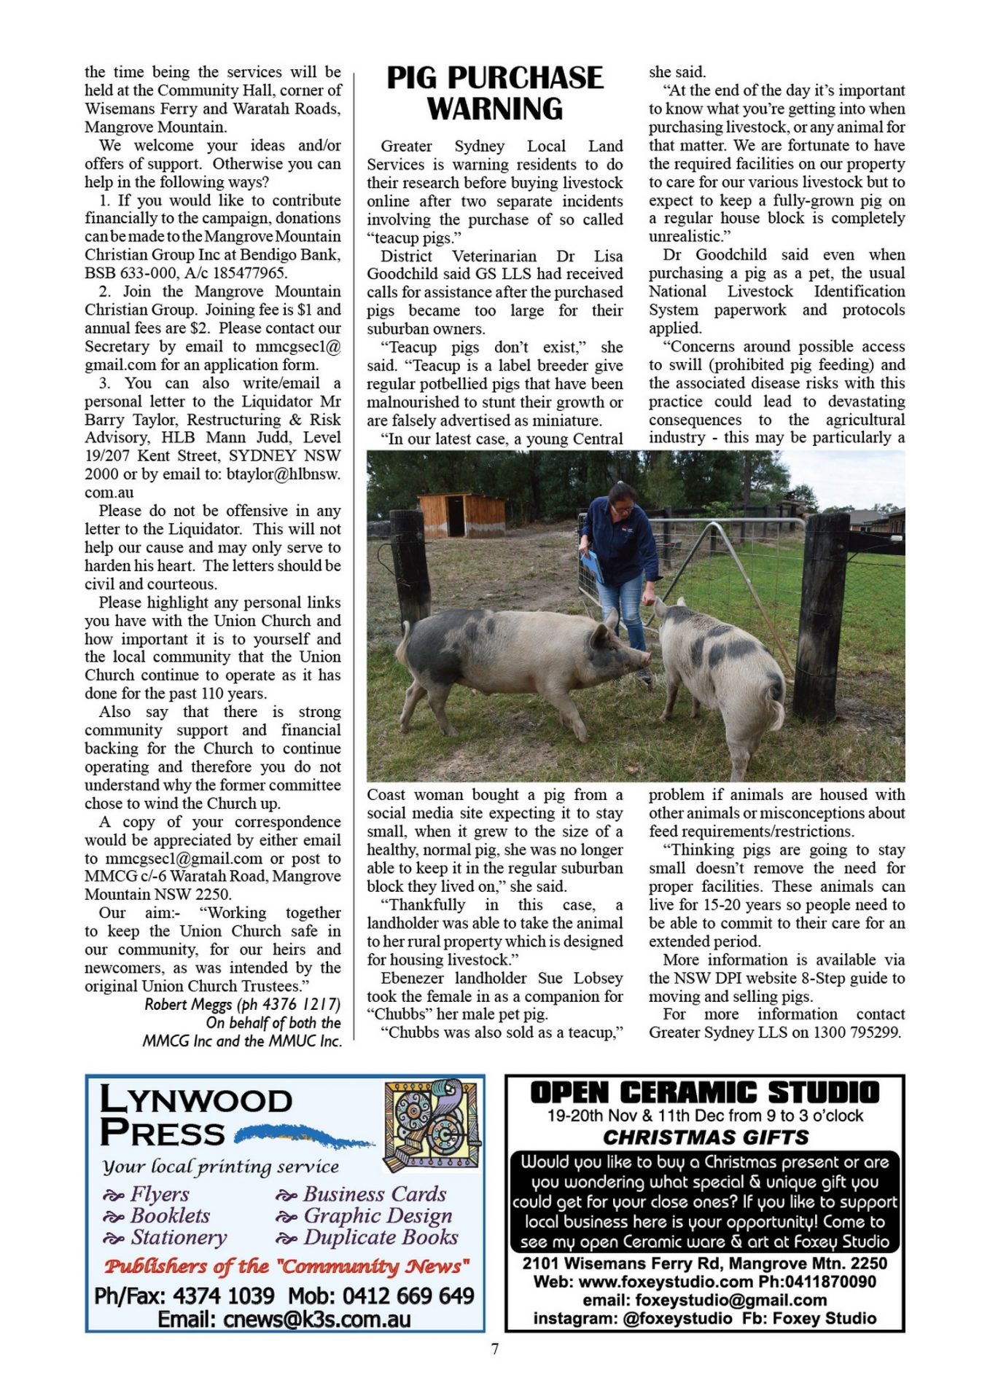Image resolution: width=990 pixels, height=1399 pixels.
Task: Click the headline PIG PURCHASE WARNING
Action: click(494, 93)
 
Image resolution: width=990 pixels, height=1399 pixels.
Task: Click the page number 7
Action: click(495, 1349)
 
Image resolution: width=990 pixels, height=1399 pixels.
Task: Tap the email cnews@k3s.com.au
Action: click(284, 1319)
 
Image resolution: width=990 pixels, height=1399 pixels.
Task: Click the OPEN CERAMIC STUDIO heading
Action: click(704, 1093)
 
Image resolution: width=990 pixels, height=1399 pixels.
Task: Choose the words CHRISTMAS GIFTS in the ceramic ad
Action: click(705, 1137)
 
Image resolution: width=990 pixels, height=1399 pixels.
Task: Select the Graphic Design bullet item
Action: click(377, 1215)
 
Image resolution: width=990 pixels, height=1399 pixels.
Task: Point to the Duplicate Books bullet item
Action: click(380, 1237)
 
